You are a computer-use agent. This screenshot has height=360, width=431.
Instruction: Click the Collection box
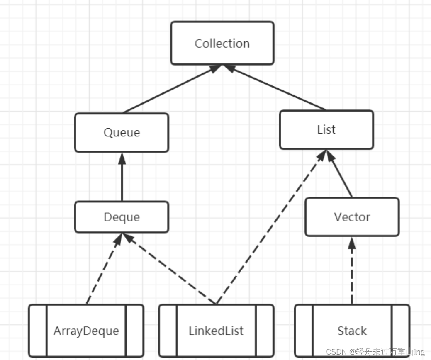[x=222, y=43]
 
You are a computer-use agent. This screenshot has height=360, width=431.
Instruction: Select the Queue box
[x=122, y=132]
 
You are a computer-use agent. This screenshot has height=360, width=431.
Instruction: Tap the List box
[x=326, y=129]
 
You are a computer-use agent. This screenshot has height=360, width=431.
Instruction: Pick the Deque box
[x=122, y=217]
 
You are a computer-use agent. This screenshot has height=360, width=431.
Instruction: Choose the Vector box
[x=352, y=216]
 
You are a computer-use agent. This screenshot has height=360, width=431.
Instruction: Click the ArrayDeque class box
[x=86, y=331]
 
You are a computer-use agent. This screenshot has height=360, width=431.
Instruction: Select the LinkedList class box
[x=216, y=331]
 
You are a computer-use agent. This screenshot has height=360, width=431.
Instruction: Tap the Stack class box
[x=352, y=331]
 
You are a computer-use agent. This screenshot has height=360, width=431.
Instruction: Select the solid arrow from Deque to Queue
[x=122, y=178]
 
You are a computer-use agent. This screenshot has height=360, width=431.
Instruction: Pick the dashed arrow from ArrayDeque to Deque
[x=103, y=270]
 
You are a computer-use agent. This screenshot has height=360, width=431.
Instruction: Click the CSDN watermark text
[x=375, y=352]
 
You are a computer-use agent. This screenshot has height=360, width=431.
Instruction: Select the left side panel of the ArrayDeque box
[x=38, y=331]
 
